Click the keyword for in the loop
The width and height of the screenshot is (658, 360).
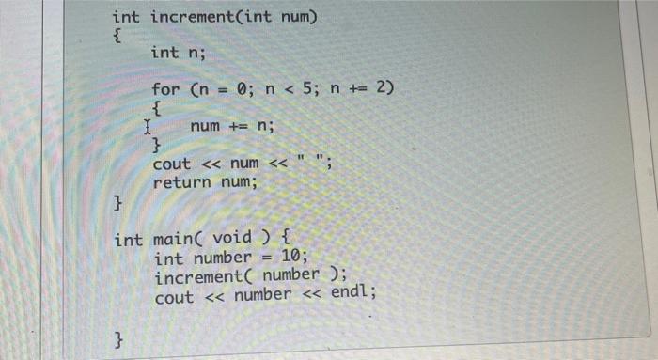point(166,89)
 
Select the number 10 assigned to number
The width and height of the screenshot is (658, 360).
point(293,258)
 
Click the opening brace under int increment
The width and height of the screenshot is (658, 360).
point(116,38)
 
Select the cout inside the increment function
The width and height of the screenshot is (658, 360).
point(172,164)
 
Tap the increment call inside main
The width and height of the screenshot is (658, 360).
point(201,277)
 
